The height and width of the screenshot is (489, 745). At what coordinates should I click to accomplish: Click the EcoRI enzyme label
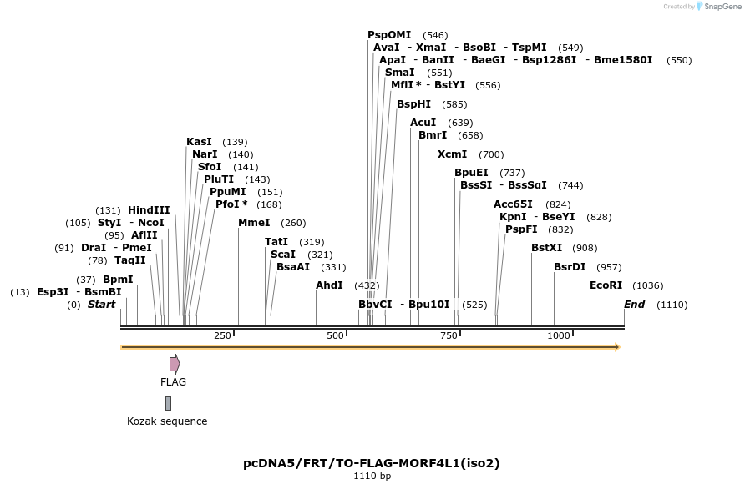coord(606,285)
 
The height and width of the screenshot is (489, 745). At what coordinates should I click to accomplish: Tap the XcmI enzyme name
coord(453,154)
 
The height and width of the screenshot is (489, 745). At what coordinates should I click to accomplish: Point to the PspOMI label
coord(389,35)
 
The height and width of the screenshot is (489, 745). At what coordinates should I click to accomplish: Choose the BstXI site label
coord(547,248)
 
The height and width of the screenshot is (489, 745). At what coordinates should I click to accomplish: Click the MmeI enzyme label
coord(254,223)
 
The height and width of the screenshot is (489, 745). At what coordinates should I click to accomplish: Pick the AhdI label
coord(329,285)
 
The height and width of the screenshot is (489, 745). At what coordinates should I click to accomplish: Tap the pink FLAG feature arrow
coord(175,364)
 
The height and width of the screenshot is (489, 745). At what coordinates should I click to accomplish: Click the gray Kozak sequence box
coord(168,403)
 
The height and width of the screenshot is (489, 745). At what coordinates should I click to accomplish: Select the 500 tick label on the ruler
coord(336,335)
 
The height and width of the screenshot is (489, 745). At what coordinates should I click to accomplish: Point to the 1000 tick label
coord(558,335)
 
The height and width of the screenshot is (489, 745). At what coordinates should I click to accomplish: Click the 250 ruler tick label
coord(222,335)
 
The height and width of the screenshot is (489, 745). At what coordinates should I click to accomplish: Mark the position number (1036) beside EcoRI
coord(648,285)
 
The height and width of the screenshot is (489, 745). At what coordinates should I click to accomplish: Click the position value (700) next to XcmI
coord(491,154)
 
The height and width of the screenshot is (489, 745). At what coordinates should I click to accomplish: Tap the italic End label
coord(635,305)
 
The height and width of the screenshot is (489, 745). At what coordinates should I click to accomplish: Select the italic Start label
coord(101,305)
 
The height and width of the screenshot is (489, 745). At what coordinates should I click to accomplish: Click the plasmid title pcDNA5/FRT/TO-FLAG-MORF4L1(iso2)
coord(372,462)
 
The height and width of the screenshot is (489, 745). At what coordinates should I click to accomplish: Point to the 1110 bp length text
coord(372,476)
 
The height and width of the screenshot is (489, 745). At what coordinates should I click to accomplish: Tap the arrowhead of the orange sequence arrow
coord(617,347)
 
